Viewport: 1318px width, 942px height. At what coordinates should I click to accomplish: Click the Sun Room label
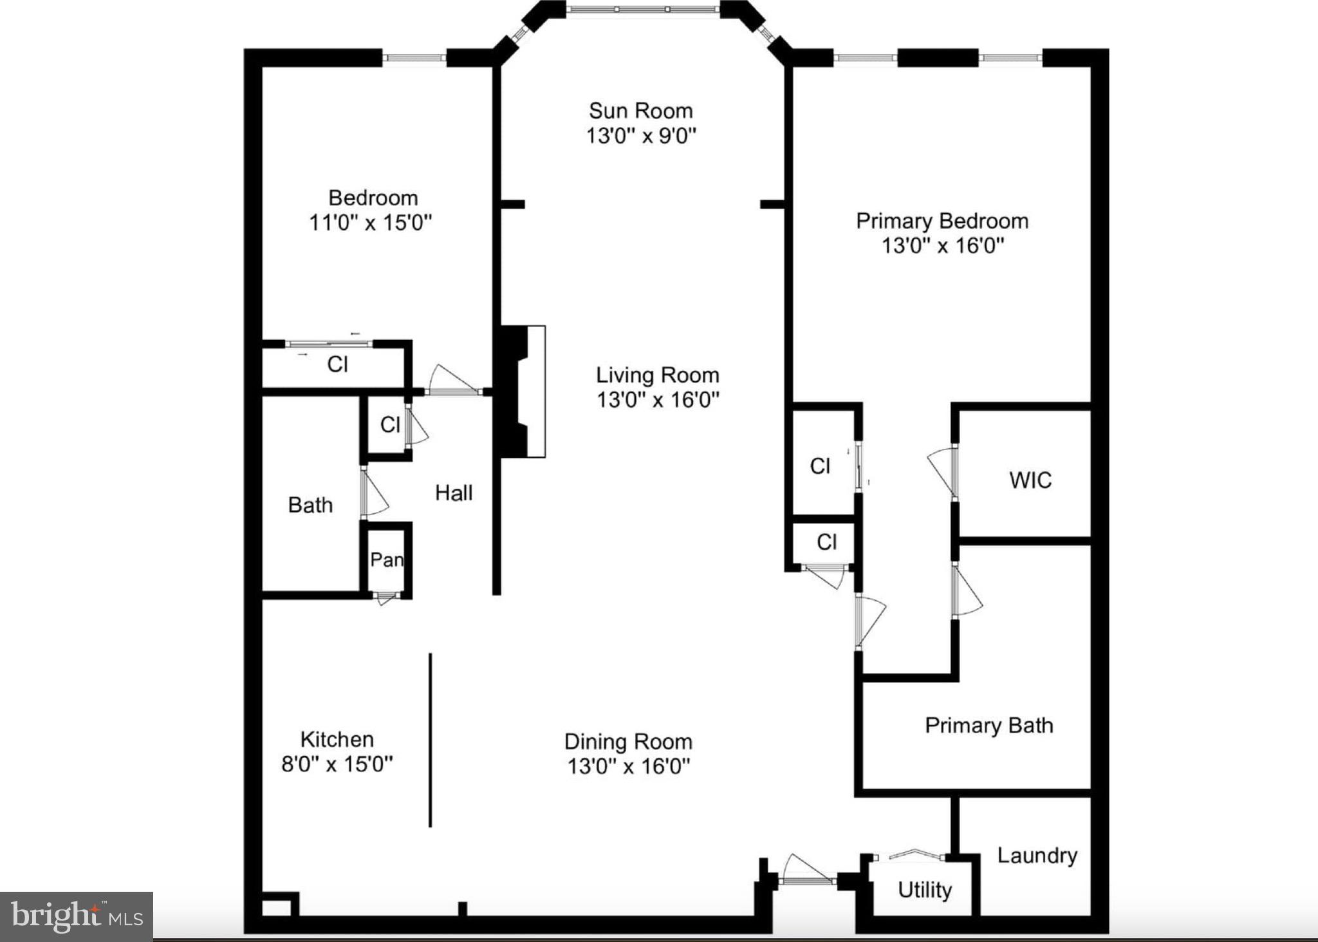[x=641, y=111]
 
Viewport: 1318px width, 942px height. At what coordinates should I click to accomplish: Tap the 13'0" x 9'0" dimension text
[x=641, y=136]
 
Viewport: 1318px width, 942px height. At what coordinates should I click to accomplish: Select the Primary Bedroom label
[x=942, y=221]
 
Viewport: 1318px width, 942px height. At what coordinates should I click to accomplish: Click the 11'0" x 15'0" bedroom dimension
[x=370, y=223]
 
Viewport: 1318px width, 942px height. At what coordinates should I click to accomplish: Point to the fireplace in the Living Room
[x=521, y=391]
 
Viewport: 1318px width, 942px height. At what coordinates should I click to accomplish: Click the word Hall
[x=454, y=493]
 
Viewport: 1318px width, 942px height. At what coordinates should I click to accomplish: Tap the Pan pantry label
[x=386, y=560]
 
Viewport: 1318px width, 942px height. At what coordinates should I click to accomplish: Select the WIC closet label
[x=1030, y=480]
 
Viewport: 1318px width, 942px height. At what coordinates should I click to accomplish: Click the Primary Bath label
[x=988, y=726]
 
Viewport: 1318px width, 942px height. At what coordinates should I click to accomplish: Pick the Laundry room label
[x=1037, y=856]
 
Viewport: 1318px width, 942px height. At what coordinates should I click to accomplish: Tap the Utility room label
[x=924, y=890]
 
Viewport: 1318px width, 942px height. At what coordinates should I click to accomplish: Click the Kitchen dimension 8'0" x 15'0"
[x=337, y=764]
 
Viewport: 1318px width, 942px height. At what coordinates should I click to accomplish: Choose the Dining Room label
[x=628, y=742]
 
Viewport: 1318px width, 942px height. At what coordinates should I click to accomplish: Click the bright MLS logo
[x=76, y=916]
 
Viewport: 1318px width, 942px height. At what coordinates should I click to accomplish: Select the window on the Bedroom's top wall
[x=414, y=58]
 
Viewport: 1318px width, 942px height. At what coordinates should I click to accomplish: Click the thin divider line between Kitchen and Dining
[x=430, y=740]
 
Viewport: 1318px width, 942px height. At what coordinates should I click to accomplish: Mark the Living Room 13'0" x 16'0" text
[x=657, y=400]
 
